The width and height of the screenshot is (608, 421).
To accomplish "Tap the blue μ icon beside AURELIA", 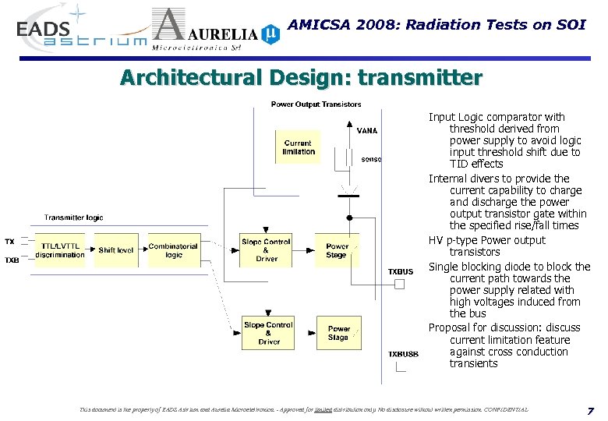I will pos(269,33).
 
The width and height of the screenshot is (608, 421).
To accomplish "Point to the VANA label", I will pos(367,131).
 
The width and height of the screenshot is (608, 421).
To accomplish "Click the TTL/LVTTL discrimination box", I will pos(60,250).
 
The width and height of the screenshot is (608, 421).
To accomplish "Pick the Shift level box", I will pos(115,250).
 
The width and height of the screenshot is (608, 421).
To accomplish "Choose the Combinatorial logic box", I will pos(173,250).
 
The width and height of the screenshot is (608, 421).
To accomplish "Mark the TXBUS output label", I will pos(401,271).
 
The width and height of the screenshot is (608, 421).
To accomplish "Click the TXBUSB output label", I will pos(403,354).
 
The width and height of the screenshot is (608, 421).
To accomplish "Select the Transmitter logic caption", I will pos(73,218).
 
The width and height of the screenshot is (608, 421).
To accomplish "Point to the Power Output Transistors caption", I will pos(316,104).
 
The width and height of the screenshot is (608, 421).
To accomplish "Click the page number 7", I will pos(590,410).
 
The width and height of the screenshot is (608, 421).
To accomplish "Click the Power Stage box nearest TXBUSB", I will pos(338,333).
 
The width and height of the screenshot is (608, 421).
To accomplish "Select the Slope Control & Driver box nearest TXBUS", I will pos(267,250).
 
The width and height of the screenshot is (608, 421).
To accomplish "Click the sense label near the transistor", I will pos(372,159).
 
